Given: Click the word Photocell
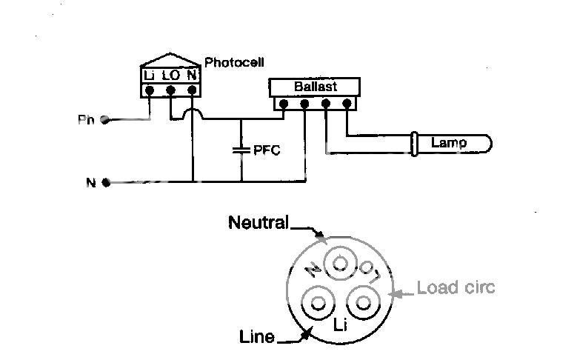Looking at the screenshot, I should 234,63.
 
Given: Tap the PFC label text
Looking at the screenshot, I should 267,150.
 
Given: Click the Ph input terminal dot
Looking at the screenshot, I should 105,119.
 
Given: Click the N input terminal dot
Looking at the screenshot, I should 106,182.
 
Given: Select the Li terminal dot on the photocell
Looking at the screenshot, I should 150,91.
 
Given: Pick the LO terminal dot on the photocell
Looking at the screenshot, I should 170,91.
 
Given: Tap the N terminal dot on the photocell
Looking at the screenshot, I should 192,91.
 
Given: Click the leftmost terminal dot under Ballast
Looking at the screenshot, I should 282,105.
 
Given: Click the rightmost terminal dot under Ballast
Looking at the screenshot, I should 347,105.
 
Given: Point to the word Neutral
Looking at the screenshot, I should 258,221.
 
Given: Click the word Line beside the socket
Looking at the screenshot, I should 257,337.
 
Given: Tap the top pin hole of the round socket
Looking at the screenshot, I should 340,262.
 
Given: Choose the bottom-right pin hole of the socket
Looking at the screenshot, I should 363,302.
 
